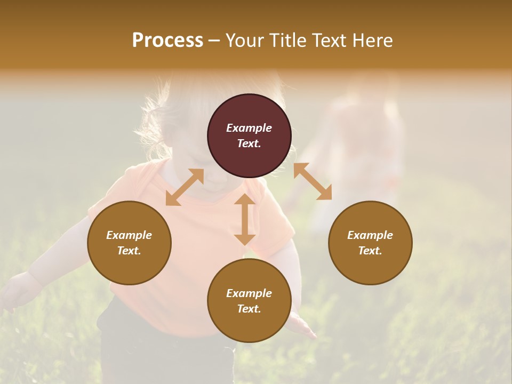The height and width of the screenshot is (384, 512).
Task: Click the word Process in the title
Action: (x=167, y=41)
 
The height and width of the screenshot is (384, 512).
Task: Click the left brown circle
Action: (x=129, y=243)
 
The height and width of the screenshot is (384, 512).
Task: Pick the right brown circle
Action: (x=370, y=243)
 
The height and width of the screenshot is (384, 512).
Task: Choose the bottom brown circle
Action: (x=249, y=301)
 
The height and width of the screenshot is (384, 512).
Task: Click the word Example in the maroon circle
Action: (x=249, y=128)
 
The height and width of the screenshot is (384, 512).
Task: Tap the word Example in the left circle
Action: (x=129, y=235)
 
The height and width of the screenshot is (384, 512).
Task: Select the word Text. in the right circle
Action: (x=370, y=251)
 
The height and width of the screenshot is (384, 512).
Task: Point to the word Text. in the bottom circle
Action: (x=249, y=309)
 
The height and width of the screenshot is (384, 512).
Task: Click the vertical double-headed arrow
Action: (x=245, y=219)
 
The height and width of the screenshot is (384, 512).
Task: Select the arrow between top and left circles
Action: (x=185, y=187)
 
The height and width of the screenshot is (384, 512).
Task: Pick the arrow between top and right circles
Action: (x=313, y=181)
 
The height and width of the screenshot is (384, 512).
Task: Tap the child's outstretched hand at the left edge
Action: (x=16, y=291)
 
